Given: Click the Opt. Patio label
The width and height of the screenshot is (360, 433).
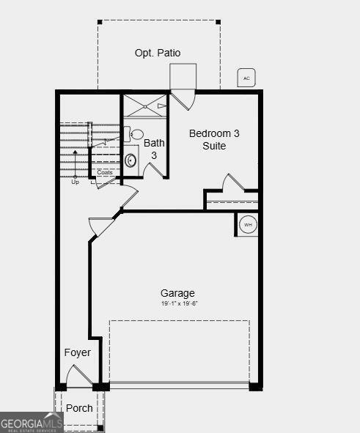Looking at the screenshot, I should [x=158, y=53].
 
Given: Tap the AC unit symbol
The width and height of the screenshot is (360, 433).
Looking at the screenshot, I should [x=246, y=78].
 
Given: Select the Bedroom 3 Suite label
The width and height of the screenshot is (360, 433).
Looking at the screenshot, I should [x=214, y=139].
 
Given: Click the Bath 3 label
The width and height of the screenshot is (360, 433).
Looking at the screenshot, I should [x=154, y=149].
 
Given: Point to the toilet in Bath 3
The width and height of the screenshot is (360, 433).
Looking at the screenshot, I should [x=136, y=134].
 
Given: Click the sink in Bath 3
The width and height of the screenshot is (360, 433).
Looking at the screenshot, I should [x=131, y=160].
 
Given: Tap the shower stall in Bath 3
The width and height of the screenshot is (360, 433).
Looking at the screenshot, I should [x=145, y=106].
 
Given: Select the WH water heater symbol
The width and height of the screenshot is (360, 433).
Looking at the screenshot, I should [x=248, y=224].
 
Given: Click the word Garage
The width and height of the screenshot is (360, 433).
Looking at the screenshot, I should [x=177, y=293].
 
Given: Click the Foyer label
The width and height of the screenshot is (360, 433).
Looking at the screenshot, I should [x=78, y=352].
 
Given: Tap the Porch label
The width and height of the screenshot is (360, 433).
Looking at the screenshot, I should [x=79, y=407].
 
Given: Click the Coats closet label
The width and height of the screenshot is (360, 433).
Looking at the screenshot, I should [x=105, y=173].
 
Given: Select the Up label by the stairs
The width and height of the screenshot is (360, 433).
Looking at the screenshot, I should [x=75, y=182].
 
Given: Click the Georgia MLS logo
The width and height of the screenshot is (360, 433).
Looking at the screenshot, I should [x=32, y=423].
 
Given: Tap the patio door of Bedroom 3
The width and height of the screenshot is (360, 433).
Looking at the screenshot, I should [x=183, y=98].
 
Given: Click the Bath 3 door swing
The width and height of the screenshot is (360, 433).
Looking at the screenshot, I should [x=154, y=170].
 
